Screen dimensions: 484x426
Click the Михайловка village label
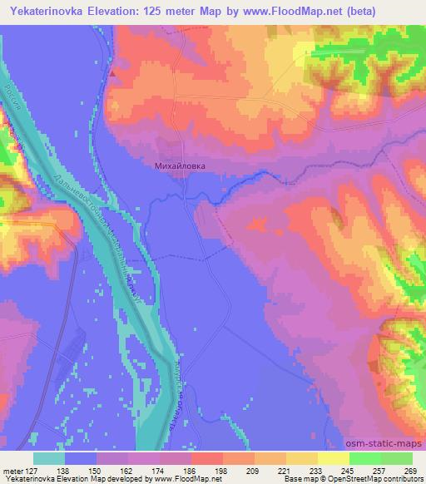click(180, 165)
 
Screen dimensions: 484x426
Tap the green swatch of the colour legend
click(380, 458)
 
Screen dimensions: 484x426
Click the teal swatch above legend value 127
click(49, 458)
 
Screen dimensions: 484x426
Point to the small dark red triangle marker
click(111, 72)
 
